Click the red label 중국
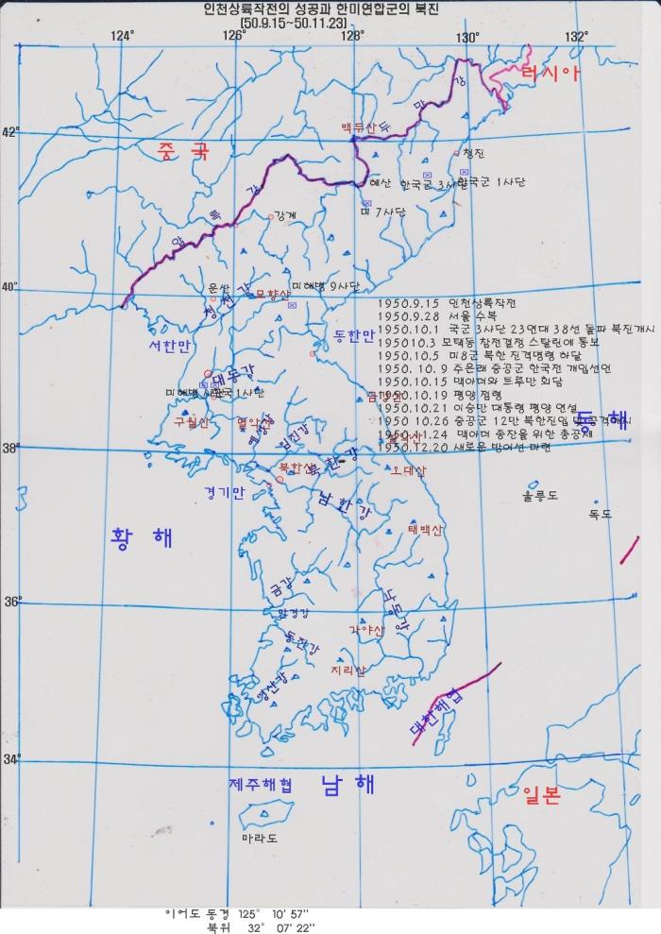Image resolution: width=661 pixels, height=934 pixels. pos(183,150)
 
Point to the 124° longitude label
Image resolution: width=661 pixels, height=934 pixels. pos(121,36)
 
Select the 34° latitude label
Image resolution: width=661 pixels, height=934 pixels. pos(11,758)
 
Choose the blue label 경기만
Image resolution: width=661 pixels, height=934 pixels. pos(223,492)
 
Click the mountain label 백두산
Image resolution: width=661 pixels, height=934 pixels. pos(361,127)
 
